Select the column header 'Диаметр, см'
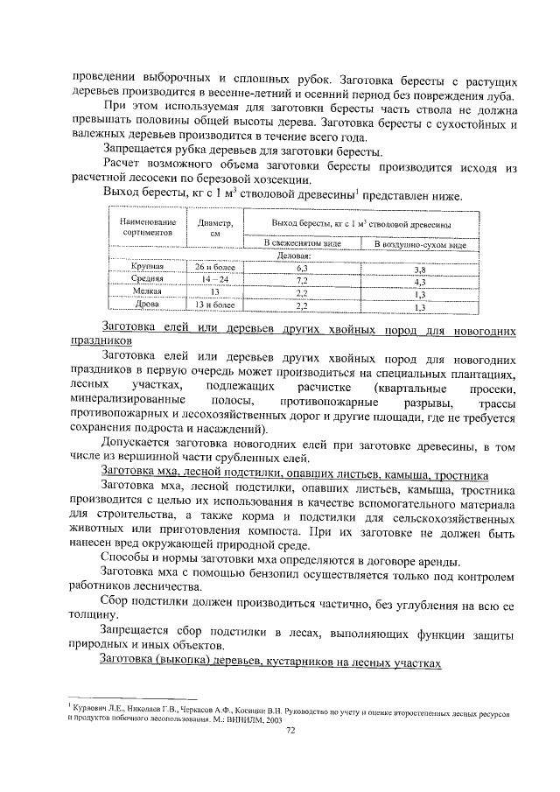coord(215,228)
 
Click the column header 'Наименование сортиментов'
coord(143,228)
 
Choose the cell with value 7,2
coord(302,280)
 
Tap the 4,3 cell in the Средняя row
coord(419,283)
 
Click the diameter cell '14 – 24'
coord(215,279)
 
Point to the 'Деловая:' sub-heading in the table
coord(295,256)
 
